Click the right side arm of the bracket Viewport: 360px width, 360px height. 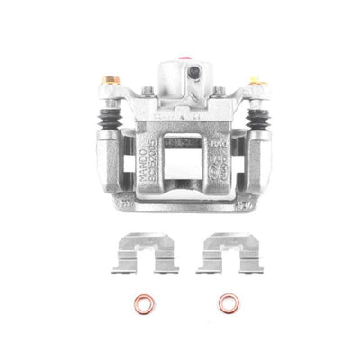(261, 162)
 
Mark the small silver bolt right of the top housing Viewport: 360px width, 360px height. (218, 91)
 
